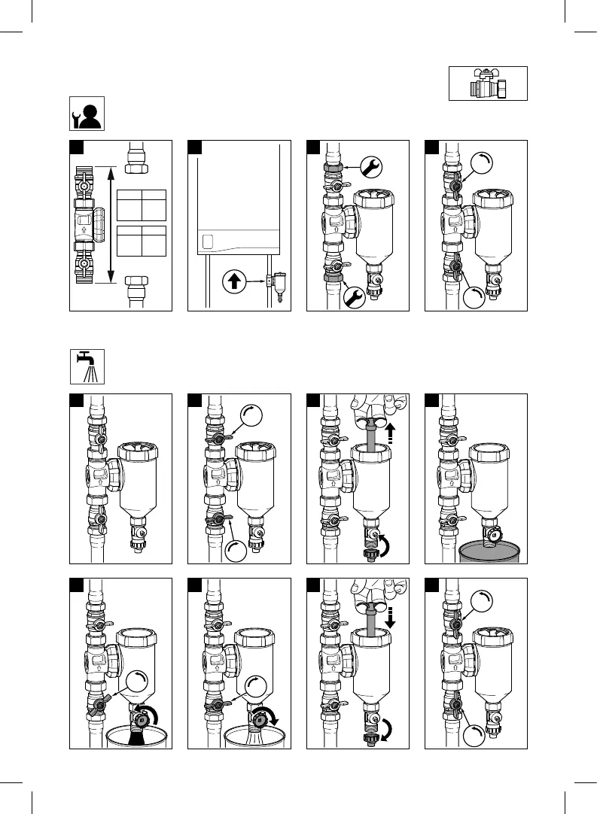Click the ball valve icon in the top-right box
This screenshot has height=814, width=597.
pyautogui.click(x=488, y=84)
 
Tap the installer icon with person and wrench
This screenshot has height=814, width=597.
pyautogui.click(x=87, y=114)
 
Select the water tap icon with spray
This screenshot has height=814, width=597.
pyautogui.click(x=87, y=366)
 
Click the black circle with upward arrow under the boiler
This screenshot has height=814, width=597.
pyautogui.click(x=233, y=283)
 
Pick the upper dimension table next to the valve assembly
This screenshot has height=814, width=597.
pyautogui.click(x=142, y=205)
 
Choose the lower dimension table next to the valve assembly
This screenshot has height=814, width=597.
pyautogui.click(x=142, y=241)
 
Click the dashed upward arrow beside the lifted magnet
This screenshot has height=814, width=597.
pyautogui.click(x=391, y=433)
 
